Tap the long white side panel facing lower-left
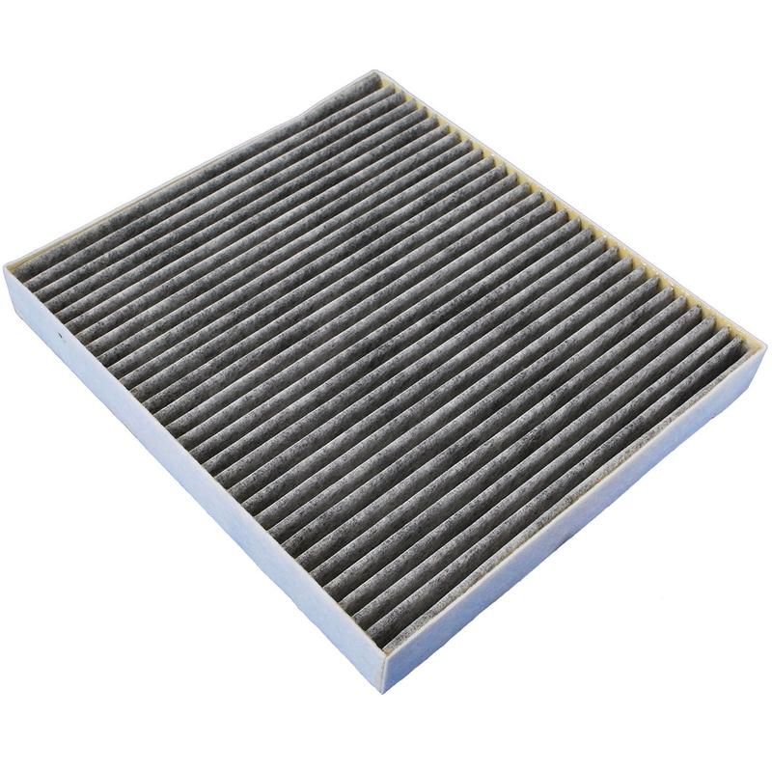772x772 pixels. (193, 482)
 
